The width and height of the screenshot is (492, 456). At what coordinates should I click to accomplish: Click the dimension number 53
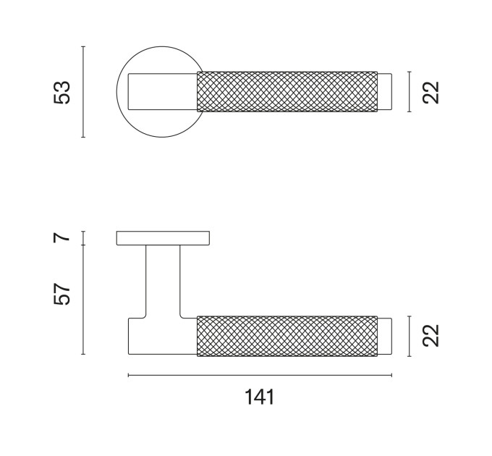coord(61,92)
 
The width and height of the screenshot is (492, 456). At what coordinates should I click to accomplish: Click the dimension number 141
coord(259,397)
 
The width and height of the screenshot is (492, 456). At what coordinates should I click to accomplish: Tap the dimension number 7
coord(61,238)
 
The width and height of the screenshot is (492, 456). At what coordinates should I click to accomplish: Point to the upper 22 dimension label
coord(430,92)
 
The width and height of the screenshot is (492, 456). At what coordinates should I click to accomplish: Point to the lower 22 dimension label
coord(430,336)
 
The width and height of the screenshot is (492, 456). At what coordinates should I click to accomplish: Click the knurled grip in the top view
coord(287,92)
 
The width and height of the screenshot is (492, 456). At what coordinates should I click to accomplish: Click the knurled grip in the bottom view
coord(287,336)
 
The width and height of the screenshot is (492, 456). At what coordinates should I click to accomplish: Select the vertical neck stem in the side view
coord(163,281)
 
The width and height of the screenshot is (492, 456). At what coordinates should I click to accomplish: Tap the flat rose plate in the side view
coord(163,238)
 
